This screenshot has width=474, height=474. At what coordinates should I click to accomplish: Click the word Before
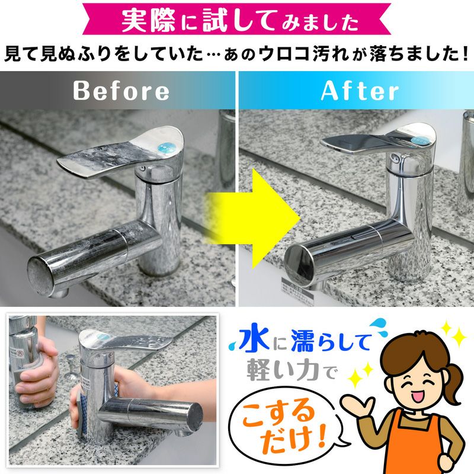pyautogui.click(x=121, y=91)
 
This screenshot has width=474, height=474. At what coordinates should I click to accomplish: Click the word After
pyautogui.click(x=360, y=91)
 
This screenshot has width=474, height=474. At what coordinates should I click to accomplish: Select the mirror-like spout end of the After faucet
pyautogui.click(x=299, y=262)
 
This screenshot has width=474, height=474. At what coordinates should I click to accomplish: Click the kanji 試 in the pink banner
pyautogui.click(x=215, y=21)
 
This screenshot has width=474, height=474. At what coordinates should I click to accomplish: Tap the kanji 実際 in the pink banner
pyautogui.click(x=149, y=21)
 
